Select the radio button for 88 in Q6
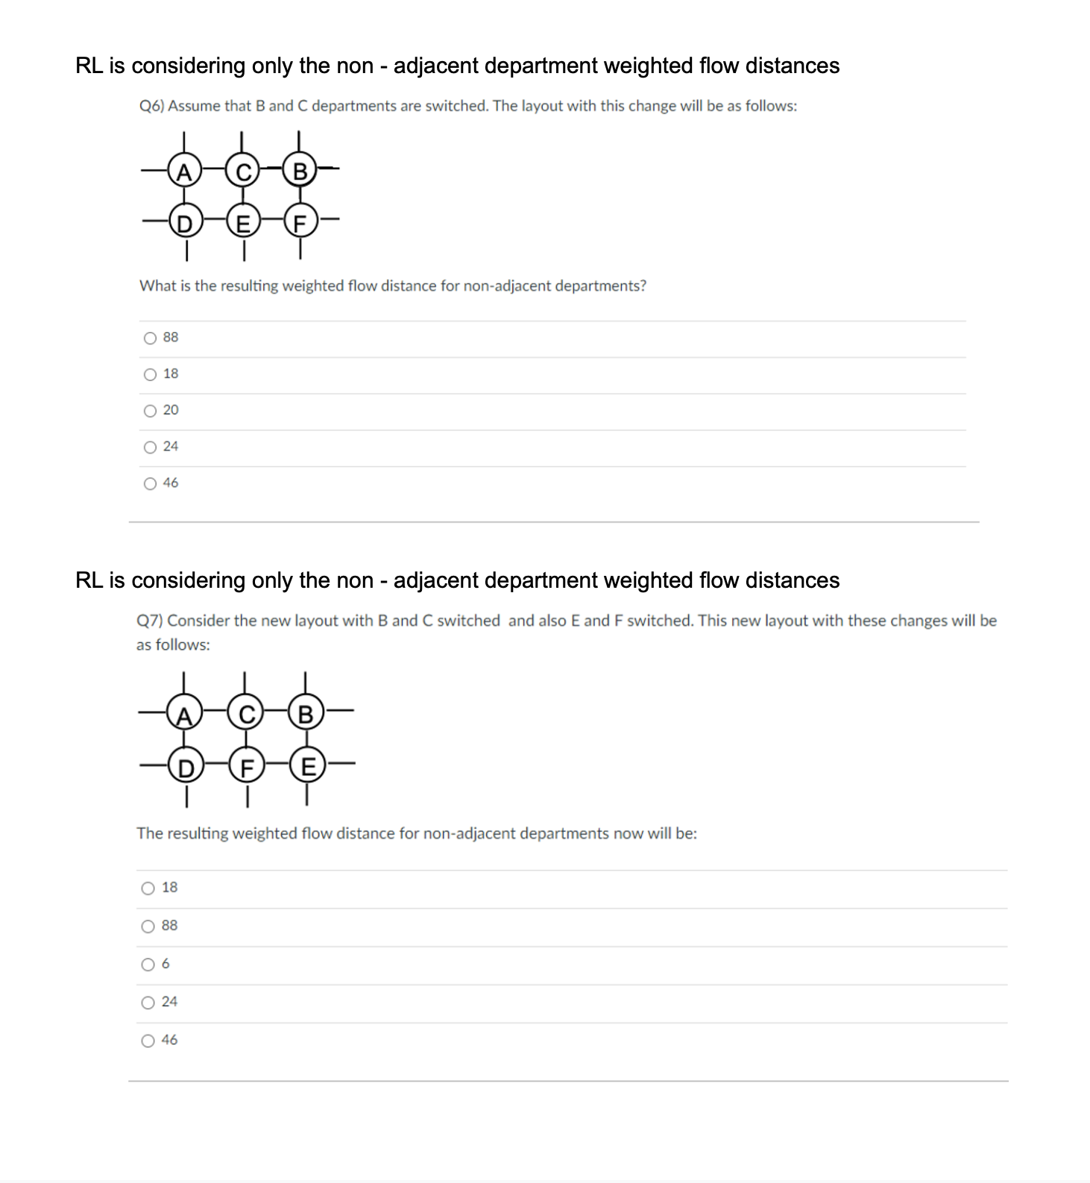pos(150,338)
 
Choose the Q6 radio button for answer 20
pos(150,411)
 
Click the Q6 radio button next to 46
pos(150,484)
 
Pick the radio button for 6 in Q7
pos(148,965)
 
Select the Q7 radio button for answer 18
pos(148,888)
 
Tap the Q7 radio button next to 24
pos(148,1003)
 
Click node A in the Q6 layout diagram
pos(183,172)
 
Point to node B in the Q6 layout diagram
pos(300,172)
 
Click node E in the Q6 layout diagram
pos(242,222)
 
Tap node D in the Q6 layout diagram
pos(183,222)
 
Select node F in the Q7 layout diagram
pos(246,766)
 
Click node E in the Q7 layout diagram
pos(306,766)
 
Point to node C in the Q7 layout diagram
pos(246,715)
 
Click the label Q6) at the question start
pos(151,106)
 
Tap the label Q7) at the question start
pos(150,621)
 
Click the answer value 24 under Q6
pos(171,447)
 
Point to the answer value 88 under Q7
pos(169,926)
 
